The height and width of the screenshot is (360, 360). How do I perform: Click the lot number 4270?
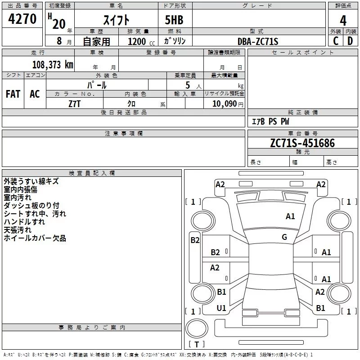[22, 19]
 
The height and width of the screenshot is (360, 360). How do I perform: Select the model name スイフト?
[117, 20]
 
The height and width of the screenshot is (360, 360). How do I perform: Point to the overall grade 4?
[343, 20]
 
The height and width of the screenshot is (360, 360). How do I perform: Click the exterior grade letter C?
[335, 41]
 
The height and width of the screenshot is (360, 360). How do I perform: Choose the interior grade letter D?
[350, 41]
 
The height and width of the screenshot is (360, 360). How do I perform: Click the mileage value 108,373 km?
[53, 64]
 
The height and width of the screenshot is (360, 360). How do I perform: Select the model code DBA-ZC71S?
[258, 41]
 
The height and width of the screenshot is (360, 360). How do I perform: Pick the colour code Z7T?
[75, 103]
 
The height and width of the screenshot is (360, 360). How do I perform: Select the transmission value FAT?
[13, 94]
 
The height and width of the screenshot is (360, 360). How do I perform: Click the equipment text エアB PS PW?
[270, 121]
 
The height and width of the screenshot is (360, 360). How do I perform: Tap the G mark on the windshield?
[284, 237]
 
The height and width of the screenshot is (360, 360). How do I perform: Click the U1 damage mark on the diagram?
[221, 308]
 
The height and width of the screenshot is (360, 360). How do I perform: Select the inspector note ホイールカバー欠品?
[35, 238]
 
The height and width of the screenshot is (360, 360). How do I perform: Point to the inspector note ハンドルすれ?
[24, 222]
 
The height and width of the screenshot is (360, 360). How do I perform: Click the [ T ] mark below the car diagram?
[196, 344]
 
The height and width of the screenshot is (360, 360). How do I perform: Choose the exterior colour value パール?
[97, 85]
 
